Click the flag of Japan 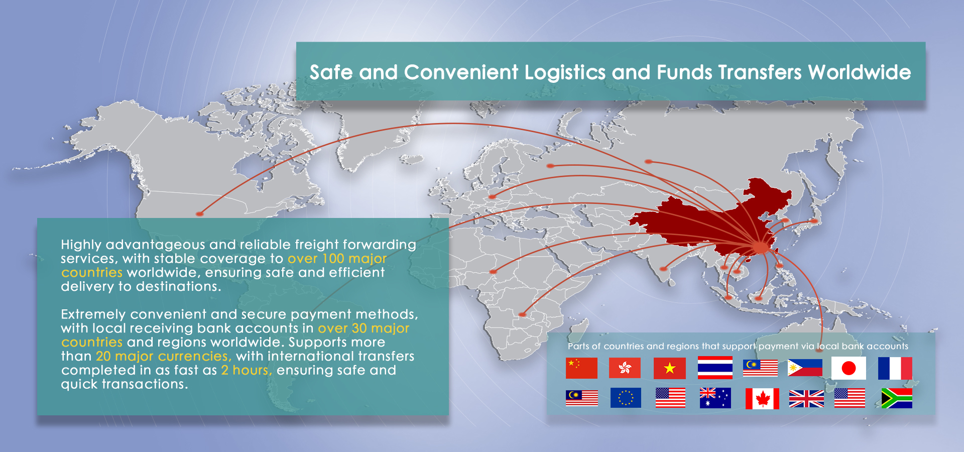coord(849,368)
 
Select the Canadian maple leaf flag coord(762,399)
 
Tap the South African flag coord(897,398)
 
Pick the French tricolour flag coord(895,368)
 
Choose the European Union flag coord(626,398)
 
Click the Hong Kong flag coord(625,368)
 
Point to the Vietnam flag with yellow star coord(670,368)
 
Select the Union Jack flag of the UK coord(806,399)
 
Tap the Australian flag coord(715,398)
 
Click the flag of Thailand coord(715,368)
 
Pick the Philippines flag coord(805,368)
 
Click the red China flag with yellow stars coord(581,368)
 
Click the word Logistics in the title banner coord(565,73)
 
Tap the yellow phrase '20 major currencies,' coord(164,357)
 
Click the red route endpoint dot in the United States coord(199,214)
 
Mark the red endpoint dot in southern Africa coord(522,314)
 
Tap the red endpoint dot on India coord(663,269)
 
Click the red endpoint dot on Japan coord(814,221)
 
